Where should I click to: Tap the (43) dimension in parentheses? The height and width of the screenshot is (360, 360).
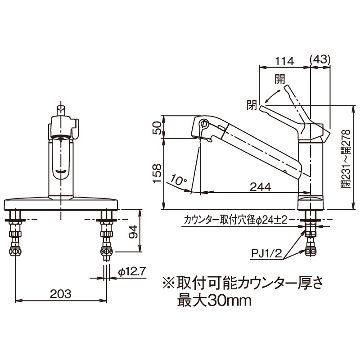tap(321, 59)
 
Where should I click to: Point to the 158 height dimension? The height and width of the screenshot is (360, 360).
tap(156, 173)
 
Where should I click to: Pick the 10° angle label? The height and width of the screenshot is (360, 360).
tap(179, 181)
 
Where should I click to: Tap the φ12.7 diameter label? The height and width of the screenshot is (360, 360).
tap(132, 272)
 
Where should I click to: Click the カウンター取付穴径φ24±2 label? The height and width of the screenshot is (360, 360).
tap(235, 220)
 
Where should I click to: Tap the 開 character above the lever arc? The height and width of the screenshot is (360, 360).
tap(279, 79)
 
